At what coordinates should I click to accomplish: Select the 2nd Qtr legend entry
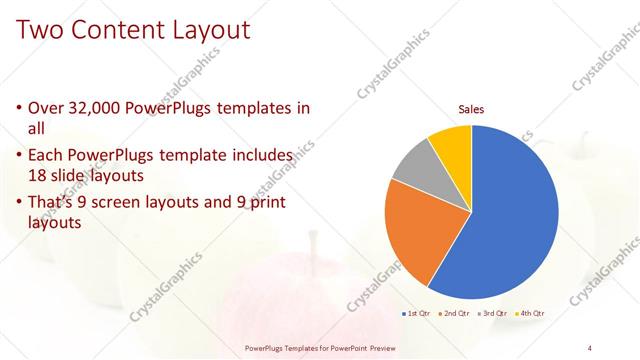point(455,314)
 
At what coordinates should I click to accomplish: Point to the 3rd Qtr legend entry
point(494,314)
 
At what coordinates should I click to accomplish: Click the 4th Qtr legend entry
point(532,314)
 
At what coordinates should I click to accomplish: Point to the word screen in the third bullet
point(138,203)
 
